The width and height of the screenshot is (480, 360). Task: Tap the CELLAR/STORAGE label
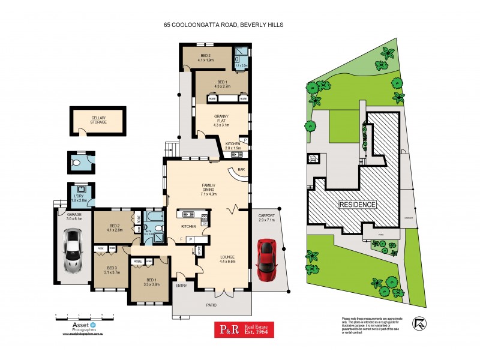(x=99, y=120)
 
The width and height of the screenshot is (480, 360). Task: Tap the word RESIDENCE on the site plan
(x=358, y=205)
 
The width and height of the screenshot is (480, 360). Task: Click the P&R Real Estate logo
(x=245, y=329)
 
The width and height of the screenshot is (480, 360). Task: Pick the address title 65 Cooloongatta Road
(x=223, y=25)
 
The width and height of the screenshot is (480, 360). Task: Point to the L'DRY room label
(x=80, y=198)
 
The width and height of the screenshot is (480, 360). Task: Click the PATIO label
(x=212, y=305)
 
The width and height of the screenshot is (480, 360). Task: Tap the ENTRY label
(x=181, y=286)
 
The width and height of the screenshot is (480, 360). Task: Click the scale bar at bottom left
(x=80, y=314)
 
